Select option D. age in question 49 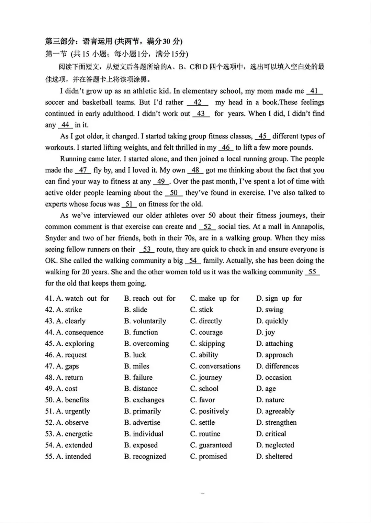point(266,389)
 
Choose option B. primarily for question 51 point(142,411)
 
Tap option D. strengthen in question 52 point(276,423)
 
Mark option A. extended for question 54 point(74,445)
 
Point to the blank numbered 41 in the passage point(314,91)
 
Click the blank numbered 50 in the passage point(174,193)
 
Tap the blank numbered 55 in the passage point(312,272)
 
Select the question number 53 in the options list point(49,434)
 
